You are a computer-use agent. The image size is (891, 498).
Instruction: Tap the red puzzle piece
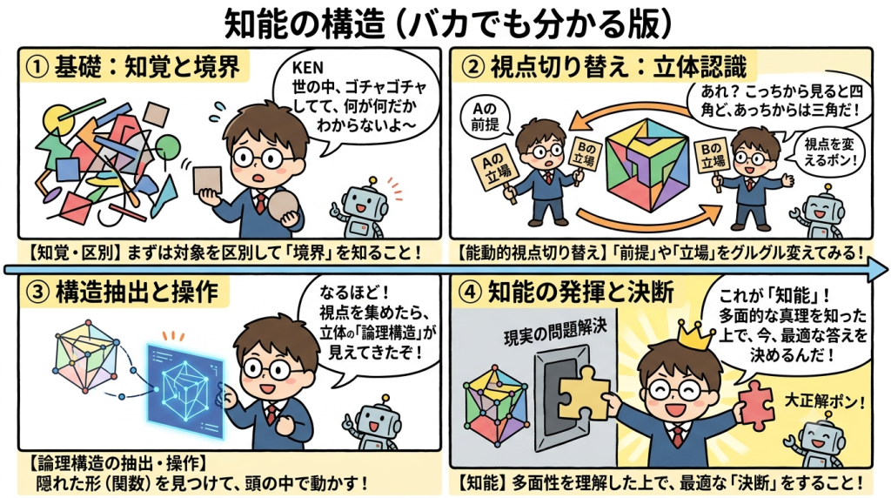tap(756, 405)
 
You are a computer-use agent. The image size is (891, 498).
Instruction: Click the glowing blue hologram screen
tap(185, 391)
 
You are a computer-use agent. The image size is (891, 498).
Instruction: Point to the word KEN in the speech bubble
tap(307, 68)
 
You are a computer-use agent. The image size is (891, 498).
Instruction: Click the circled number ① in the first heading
tap(37, 67)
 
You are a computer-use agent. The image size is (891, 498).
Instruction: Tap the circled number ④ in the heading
tap(470, 293)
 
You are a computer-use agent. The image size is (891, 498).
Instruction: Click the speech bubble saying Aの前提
tap(484, 117)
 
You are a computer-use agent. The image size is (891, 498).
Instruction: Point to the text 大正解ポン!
tap(825, 400)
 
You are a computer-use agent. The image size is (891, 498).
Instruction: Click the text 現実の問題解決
tap(554, 332)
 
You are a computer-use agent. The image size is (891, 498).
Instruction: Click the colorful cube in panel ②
tap(646, 165)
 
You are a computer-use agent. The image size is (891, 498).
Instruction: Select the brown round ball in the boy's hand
tap(284, 205)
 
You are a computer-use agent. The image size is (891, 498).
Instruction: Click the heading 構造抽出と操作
tap(137, 293)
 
